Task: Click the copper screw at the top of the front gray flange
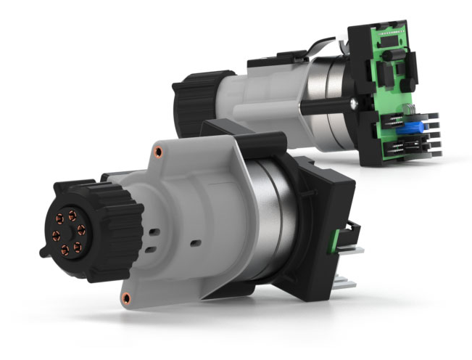[156, 153]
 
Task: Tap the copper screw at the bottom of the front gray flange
[127, 297]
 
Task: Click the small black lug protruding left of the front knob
[43, 250]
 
